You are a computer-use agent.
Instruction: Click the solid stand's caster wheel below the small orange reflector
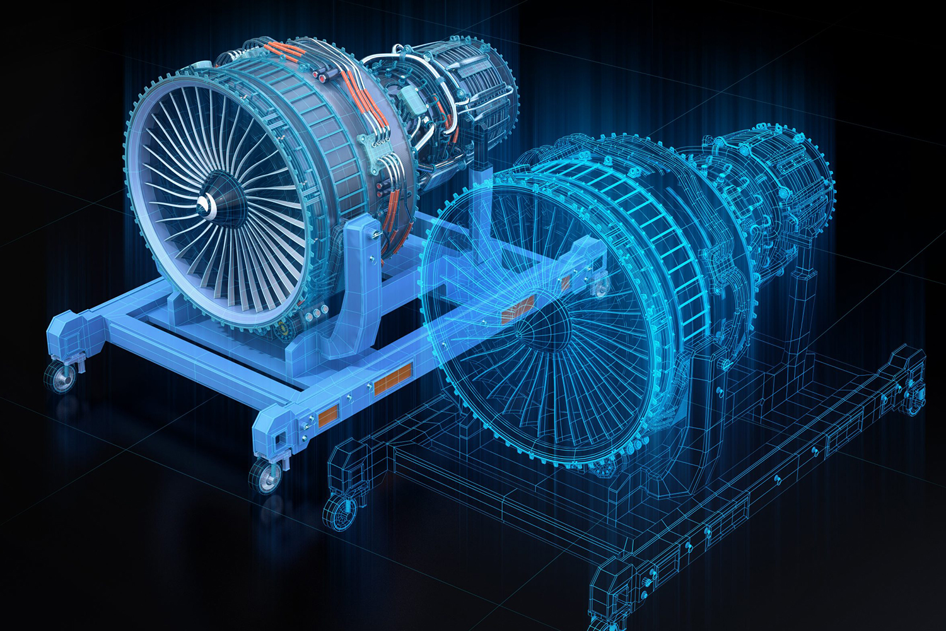click(x=267, y=477)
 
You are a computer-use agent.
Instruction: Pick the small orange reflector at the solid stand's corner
click(x=328, y=414)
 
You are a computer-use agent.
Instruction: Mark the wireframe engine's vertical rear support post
click(x=804, y=284)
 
